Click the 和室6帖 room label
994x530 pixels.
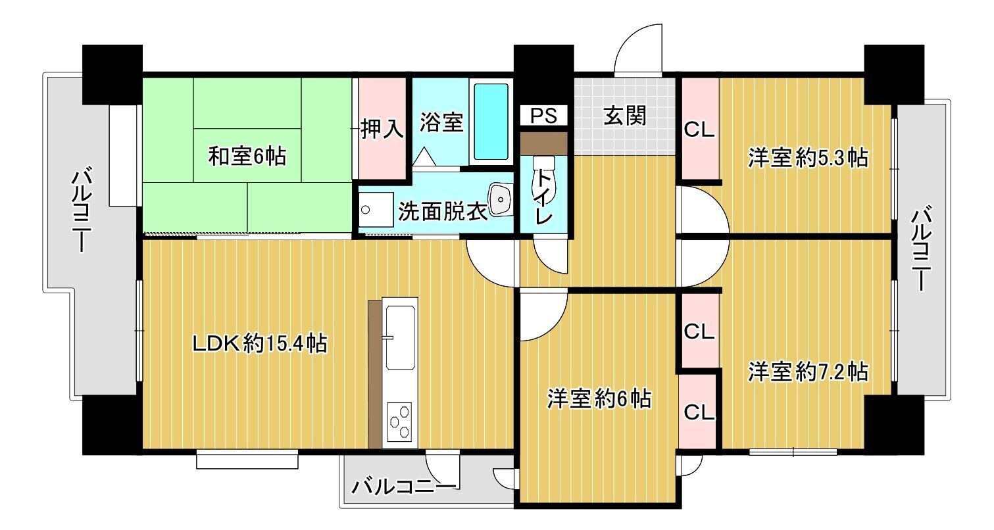coord(247,156)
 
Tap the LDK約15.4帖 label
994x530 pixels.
coord(260,343)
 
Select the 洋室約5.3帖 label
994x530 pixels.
coord(808,158)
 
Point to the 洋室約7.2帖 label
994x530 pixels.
coord(808,372)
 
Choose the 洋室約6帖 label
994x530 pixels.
coord(599,398)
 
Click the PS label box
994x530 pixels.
coord(544,116)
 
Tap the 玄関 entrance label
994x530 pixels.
coord(625,116)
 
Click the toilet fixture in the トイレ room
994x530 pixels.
coord(543,172)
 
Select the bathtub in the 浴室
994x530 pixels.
coord(491,122)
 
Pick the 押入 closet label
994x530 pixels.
coord(382,129)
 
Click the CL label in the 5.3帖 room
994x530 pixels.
coord(699,130)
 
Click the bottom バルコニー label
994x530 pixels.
coord(403,487)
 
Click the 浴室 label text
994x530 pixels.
coord(441,122)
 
